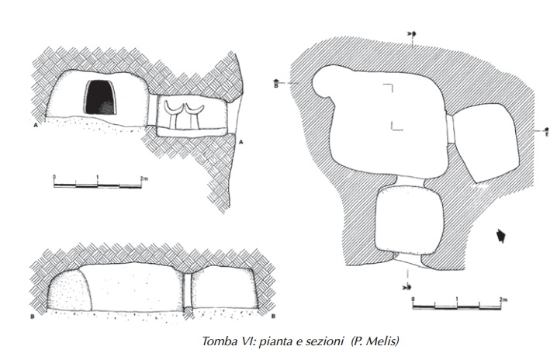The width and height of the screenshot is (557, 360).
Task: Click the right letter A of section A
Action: tap(242, 142)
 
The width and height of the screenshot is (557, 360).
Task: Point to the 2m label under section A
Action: tap(142, 179)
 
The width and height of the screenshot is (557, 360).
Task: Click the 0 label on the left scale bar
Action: tap(54, 179)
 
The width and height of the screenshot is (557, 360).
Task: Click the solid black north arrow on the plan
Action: tap(501, 235)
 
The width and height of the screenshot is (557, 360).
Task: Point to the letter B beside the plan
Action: tap(276, 85)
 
